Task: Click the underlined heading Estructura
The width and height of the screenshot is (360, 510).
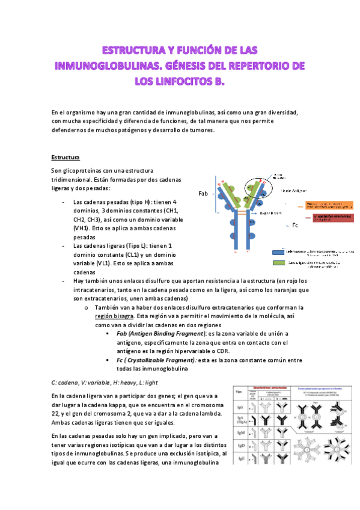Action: tap(66, 158)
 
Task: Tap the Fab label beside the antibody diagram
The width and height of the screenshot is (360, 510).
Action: tap(204, 194)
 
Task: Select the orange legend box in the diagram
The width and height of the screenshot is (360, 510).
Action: tap(328, 206)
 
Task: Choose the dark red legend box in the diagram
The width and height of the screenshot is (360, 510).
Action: tap(328, 217)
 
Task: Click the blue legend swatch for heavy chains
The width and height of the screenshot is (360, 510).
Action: tap(278, 252)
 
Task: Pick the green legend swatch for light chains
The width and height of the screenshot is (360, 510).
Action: tap(278, 263)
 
